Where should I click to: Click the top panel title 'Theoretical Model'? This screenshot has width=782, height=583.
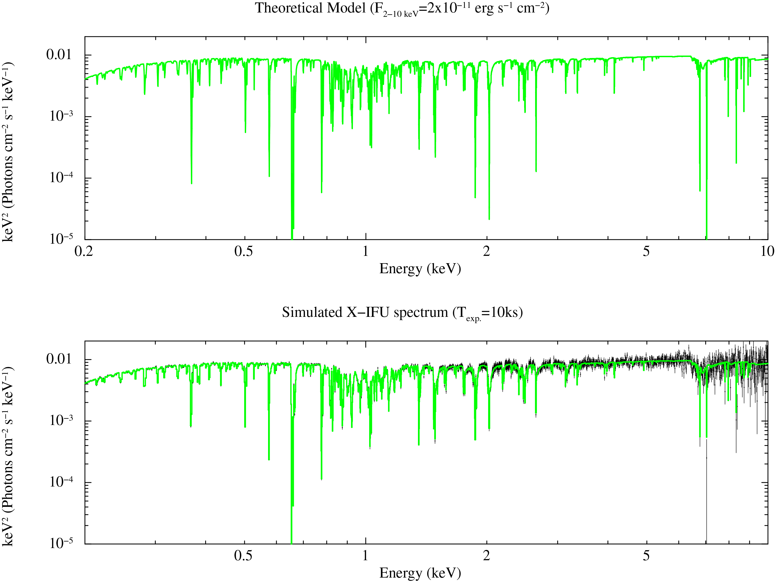(310, 8)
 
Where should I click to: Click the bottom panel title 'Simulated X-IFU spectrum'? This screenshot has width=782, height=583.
(365, 312)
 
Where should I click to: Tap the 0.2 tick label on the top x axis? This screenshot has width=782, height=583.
(84, 251)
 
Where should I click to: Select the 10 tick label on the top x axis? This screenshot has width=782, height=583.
(767, 251)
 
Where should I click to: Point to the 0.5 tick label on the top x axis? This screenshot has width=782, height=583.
(243, 251)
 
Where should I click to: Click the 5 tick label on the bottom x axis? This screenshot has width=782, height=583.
(646, 556)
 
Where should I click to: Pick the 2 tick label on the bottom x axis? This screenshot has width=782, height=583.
(487, 556)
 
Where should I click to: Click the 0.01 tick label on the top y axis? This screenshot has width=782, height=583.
(59, 55)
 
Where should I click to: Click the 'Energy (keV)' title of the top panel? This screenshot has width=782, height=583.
(420, 269)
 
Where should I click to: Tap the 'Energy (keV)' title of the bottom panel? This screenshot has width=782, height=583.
(420, 573)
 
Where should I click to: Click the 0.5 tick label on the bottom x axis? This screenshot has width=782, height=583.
(243, 556)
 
